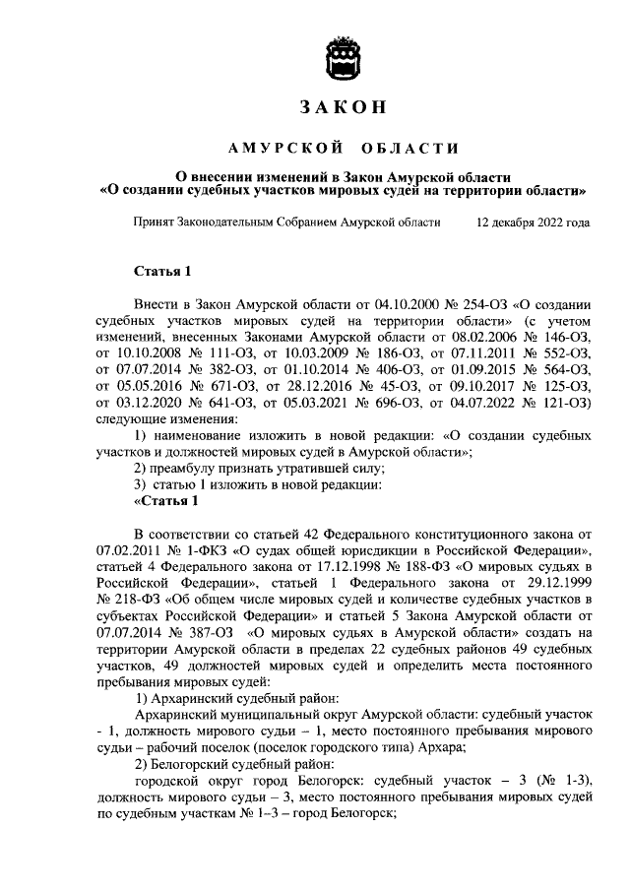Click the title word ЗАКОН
coord(344,106)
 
